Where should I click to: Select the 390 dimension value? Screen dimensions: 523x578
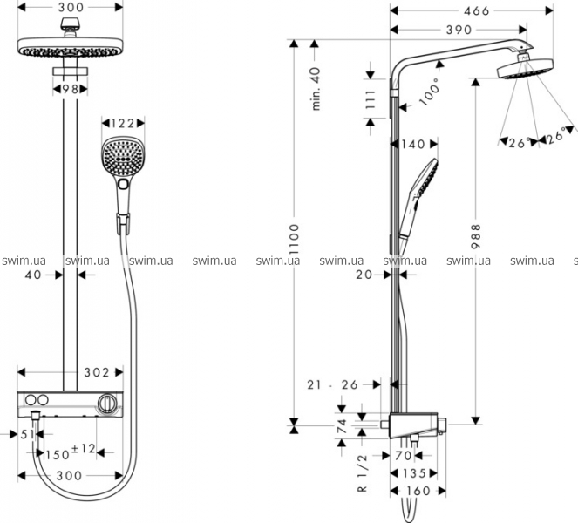click(x=458, y=30)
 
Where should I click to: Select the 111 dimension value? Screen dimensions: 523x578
click(x=371, y=100)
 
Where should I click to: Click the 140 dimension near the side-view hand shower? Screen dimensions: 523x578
click(x=415, y=144)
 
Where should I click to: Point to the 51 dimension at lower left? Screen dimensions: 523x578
click(x=25, y=433)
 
